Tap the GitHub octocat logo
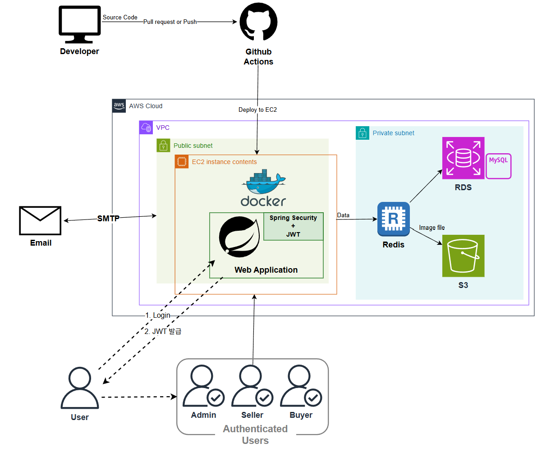[258, 22]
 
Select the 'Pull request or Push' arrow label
[170, 22]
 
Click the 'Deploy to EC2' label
[257, 110]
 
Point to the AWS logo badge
[119, 106]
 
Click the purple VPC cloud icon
[146, 128]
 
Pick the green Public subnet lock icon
[163, 146]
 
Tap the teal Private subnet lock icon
[363, 133]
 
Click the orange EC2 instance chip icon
[182, 162]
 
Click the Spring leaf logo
[239, 237]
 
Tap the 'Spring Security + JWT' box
[293, 226]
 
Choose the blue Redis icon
[394, 219]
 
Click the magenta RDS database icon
[463, 158]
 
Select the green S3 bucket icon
[463, 256]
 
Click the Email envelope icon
[40, 220]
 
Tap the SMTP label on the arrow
[108, 219]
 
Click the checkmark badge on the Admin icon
[216, 398]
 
